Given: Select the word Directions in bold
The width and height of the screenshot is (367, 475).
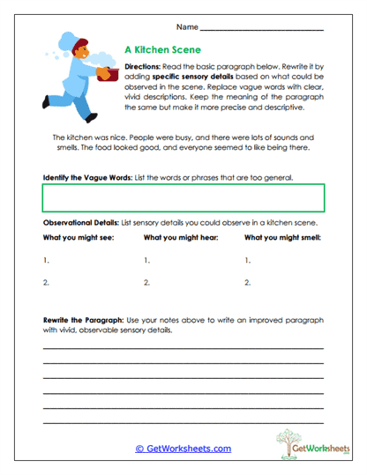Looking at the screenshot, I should point(142,67).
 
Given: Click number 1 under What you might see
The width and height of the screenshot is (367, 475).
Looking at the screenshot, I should point(45,261).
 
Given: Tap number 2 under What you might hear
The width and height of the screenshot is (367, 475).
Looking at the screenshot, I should point(146,284).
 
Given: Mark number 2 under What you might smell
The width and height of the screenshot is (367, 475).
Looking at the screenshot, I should point(248,284).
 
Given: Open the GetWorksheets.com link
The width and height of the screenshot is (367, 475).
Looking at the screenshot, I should point(183,449).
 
